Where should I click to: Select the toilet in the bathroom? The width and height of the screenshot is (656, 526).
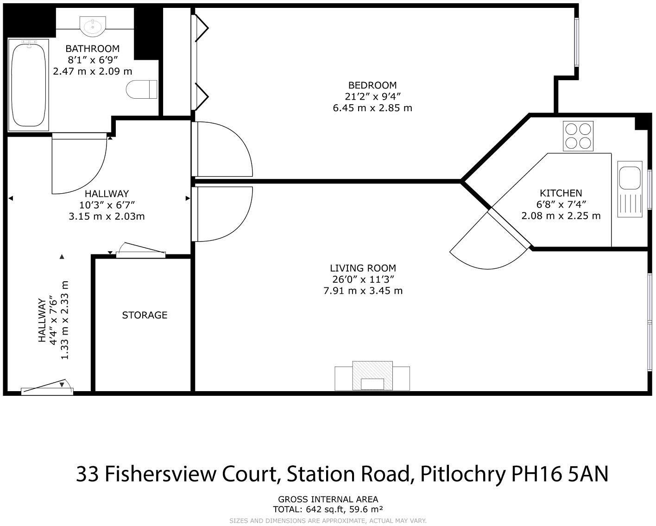coord(141,89)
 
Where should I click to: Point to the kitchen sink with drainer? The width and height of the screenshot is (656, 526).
coord(630,189)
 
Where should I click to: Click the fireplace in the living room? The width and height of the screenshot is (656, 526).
coord(372,376)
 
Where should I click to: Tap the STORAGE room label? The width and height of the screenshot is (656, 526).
coord(145,315)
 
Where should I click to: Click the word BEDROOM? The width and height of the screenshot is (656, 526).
coord(372,85)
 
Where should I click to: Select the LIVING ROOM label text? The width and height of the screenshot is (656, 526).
coord(363,268)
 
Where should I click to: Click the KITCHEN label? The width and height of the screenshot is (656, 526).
coord(561,193)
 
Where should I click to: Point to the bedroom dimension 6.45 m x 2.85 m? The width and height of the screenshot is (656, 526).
coord(372,108)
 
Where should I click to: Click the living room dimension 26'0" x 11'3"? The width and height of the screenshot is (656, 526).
coord(363,279)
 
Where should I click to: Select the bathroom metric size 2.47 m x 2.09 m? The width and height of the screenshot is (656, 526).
coord(93,71)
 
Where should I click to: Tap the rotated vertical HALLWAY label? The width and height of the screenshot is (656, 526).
coord(42,320)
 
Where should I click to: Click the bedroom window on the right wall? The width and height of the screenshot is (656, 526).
coord(577,43)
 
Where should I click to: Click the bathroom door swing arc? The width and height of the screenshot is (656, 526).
coord(79,165)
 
